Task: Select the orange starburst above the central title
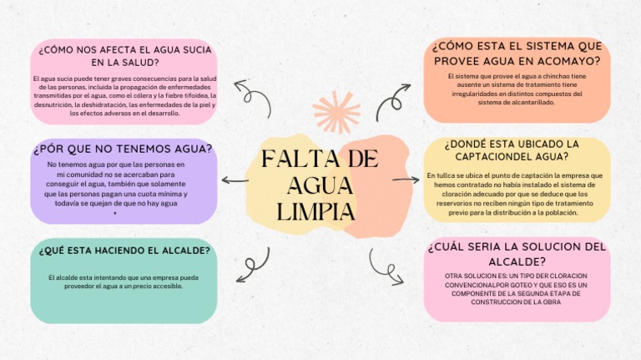tap(336, 111)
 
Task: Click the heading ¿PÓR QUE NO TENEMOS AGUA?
tap(123, 149)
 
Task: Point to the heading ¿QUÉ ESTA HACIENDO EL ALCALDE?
tap(124, 251)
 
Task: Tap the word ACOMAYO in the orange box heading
tap(563, 61)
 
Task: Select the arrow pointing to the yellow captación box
tap(406, 180)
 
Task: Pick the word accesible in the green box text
tap(169, 286)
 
